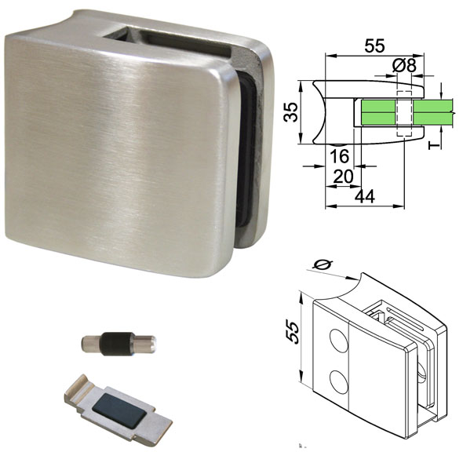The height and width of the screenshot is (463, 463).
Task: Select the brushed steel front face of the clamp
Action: tap(118, 149)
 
